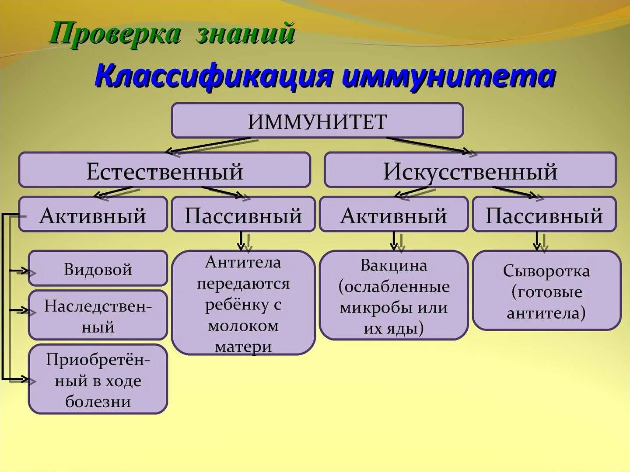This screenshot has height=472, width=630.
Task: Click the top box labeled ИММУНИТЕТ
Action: point(317,121)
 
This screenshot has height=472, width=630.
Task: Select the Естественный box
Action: point(164,170)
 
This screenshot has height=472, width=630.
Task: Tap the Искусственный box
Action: point(470,170)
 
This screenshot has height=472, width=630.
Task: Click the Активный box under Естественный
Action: point(93,214)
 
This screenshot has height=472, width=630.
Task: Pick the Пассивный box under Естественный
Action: point(243,214)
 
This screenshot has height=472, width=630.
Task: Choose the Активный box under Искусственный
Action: point(394,214)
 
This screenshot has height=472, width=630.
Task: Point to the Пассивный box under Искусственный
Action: point(544,214)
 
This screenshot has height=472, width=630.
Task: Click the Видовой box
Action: point(98,268)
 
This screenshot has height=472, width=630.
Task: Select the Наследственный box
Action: point(98,315)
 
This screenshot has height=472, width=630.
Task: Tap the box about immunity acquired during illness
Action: point(98,379)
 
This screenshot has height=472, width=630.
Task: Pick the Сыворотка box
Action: point(546,291)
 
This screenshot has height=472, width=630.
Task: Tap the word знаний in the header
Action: point(245,33)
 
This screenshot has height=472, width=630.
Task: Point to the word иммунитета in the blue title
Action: point(448,76)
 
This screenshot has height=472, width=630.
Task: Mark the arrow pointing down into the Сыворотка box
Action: point(537,241)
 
